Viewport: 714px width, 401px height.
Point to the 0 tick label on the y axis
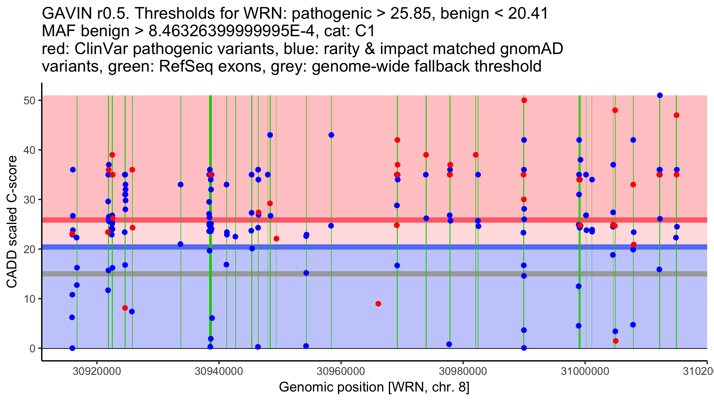[x=32, y=348]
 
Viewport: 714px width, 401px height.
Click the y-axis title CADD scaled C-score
[x=12, y=222]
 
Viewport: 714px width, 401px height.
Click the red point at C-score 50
[x=524, y=100]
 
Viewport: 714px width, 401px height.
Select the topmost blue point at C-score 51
[x=660, y=95]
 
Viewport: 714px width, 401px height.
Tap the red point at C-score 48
[x=615, y=110]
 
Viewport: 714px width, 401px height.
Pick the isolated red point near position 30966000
[x=378, y=304]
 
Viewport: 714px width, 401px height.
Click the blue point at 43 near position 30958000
[x=331, y=135]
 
